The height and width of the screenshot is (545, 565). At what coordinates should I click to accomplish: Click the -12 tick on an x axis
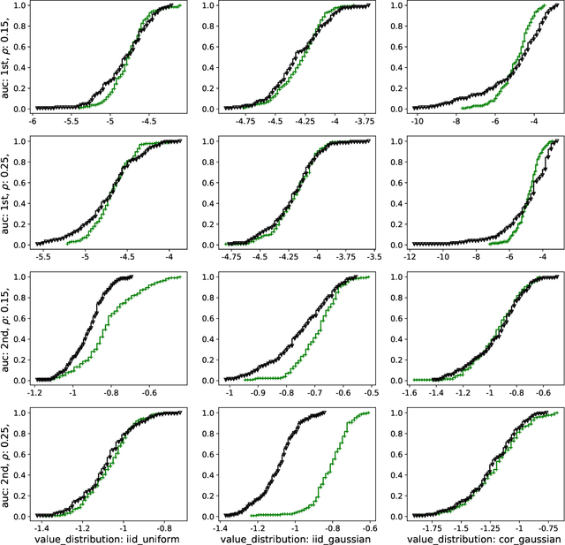point(409,255)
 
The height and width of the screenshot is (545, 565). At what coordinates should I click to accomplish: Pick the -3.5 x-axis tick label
point(373,255)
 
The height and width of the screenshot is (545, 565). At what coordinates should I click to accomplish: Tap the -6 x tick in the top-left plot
point(34,120)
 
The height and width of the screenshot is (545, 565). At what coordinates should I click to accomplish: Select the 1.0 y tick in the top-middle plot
point(207,5)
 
